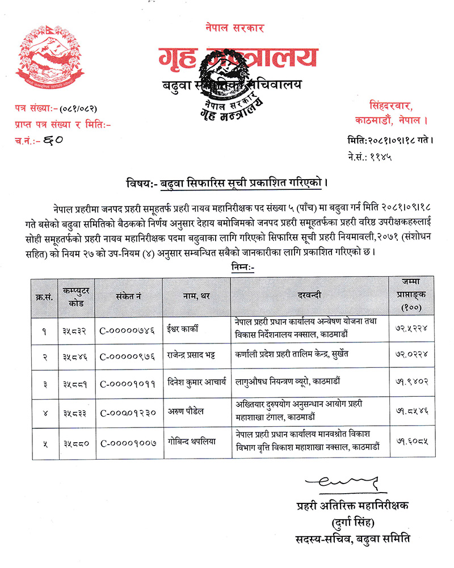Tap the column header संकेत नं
[129, 295]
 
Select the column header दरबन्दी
[310, 295]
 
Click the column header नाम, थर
[196, 295]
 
